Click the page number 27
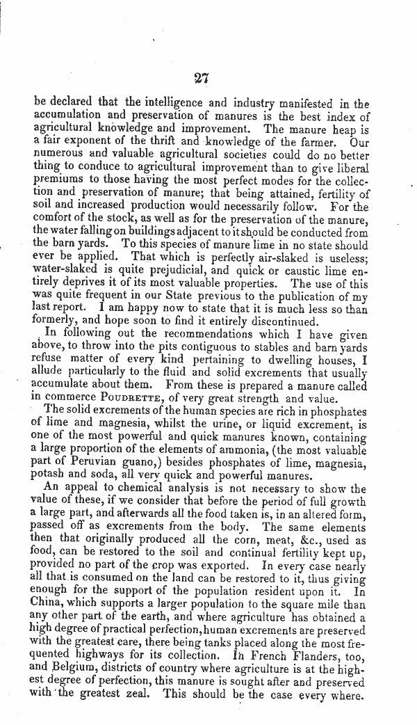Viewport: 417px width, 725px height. [202, 77]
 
